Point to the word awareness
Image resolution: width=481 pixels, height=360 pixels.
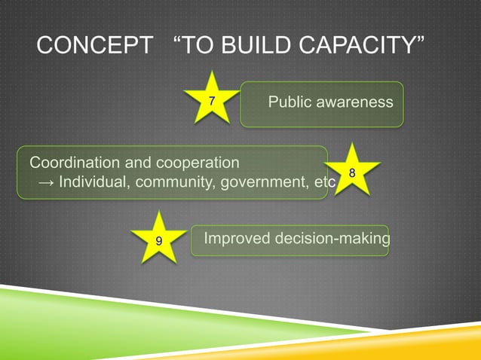click(355, 102)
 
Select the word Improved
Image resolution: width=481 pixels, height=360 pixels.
click(234, 239)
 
